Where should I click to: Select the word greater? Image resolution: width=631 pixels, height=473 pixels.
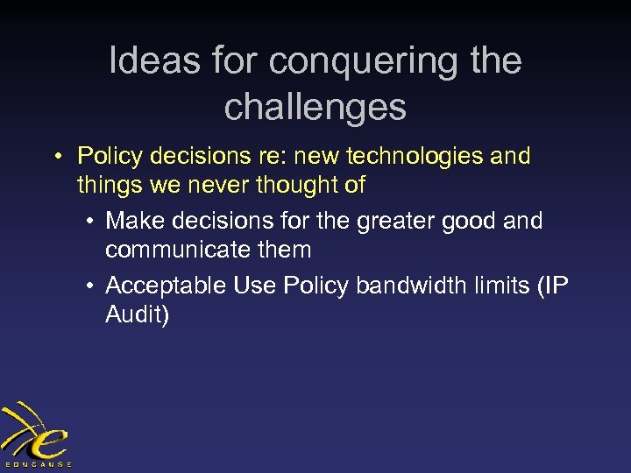tap(395, 221)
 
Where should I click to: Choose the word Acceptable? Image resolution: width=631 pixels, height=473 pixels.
tap(166, 286)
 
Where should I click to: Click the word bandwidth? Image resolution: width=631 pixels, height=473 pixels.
tap(393, 286)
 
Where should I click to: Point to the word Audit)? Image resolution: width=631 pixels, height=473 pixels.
tap(137, 314)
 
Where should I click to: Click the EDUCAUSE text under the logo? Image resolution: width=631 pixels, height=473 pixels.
tap(38, 463)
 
